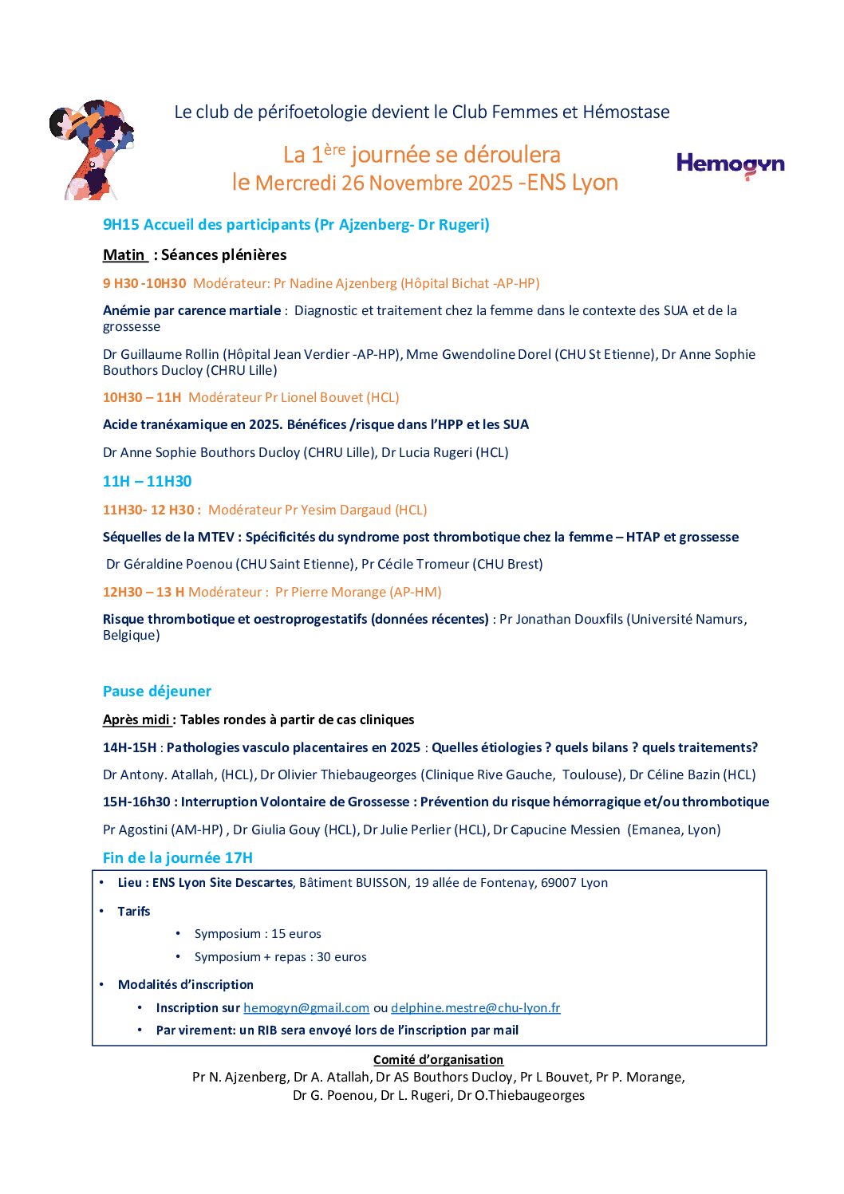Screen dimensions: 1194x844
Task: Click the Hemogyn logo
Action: click(730, 165)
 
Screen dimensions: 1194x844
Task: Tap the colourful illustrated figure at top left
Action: click(91, 149)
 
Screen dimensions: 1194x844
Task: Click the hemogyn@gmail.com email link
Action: click(306, 1007)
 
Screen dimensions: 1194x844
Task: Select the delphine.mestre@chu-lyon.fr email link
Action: click(475, 1007)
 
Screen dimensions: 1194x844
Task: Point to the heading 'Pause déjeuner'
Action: click(157, 691)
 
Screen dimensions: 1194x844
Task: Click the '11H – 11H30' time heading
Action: click(148, 481)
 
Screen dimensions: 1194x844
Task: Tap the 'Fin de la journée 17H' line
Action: click(178, 857)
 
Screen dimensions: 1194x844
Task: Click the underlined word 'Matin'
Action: click(124, 254)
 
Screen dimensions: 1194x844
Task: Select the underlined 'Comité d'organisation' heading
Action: click(438, 1059)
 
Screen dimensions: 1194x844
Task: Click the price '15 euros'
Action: click(296, 933)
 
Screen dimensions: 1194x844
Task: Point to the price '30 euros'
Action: click(341, 956)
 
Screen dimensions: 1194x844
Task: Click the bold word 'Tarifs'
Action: click(134, 911)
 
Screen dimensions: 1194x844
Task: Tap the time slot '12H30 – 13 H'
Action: click(144, 592)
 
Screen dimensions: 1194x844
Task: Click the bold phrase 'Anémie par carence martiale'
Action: click(191, 310)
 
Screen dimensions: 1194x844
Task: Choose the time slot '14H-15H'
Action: click(129, 747)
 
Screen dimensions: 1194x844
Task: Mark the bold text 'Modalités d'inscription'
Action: click(186, 984)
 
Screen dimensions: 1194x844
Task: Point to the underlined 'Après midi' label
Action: click(137, 719)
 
